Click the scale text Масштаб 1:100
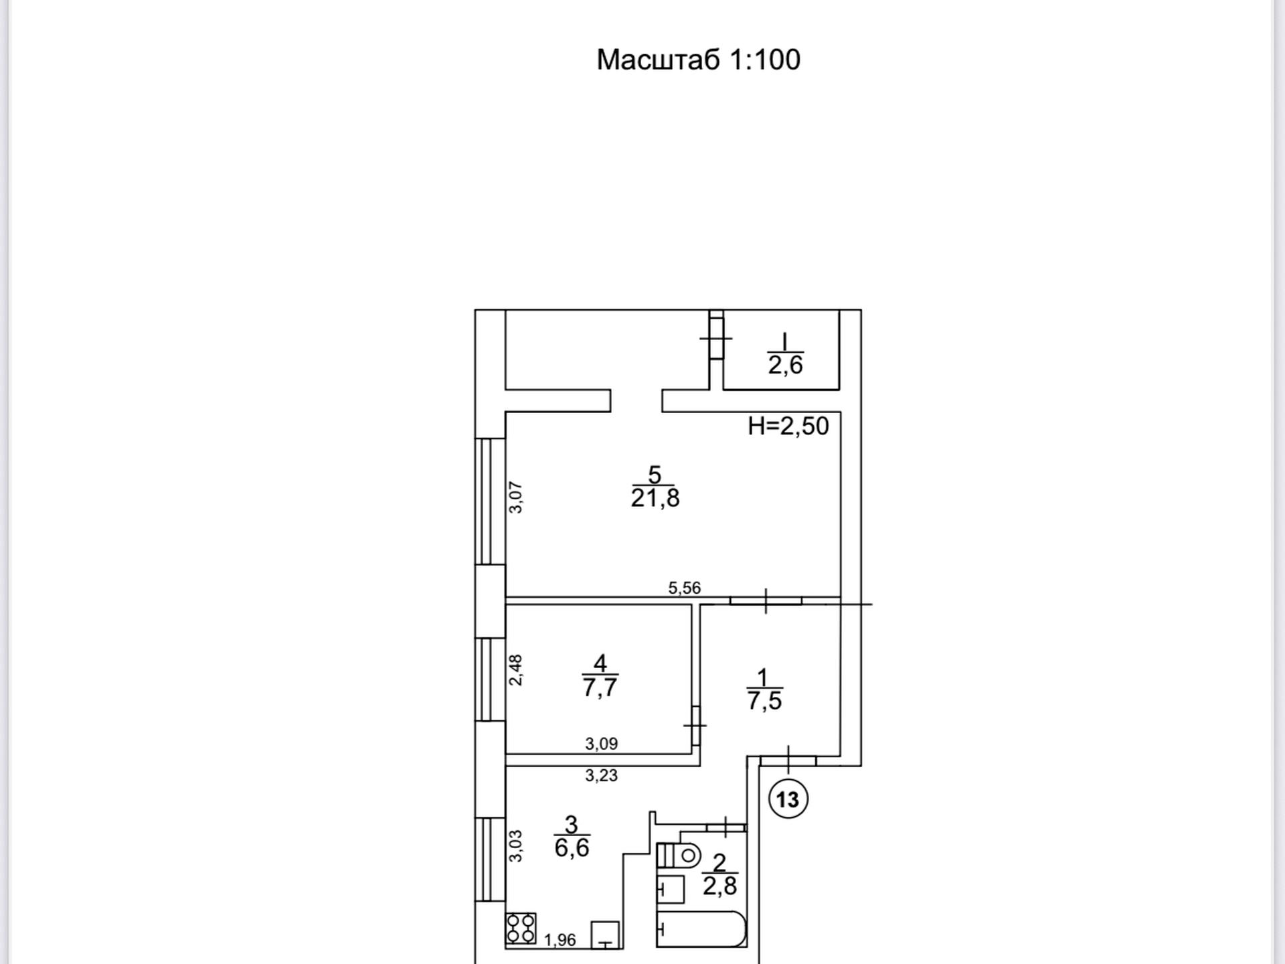[698, 60]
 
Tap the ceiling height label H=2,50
[788, 426]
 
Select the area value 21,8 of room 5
[655, 498]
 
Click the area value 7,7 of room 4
[600, 688]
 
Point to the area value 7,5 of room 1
[764, 700]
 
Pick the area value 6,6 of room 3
[572, 848]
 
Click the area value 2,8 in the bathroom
[719, 886]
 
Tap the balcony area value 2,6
[785, 365]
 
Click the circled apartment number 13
[788, 799]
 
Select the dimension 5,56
[685, 588]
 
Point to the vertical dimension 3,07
[515, 497]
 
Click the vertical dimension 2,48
[515, 670]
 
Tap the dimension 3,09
[602, 744]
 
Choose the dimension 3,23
[602, 776]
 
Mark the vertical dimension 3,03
[515, 846]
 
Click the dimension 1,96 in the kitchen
[560, 940]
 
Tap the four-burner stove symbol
[521, 929]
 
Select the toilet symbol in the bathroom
[679, 856]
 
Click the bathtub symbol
[701, 929]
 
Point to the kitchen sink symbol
[605, 935]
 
